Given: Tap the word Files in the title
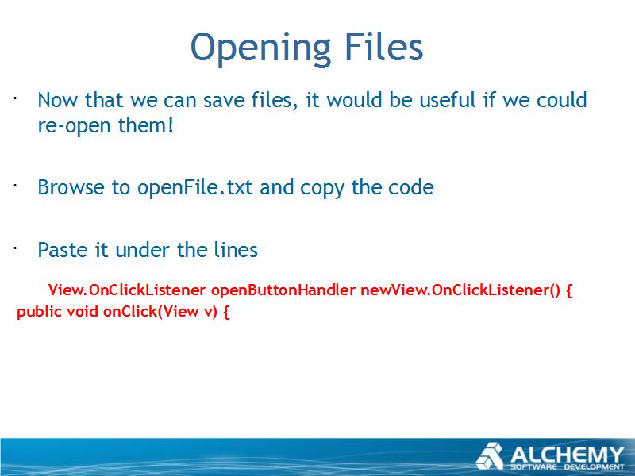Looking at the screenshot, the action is pyautogui.click(x=384, y=46).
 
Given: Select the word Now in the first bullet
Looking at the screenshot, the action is pyautogui.click(x=56, y=100).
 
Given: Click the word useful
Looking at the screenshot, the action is pyautogui.click(x=448, y=100).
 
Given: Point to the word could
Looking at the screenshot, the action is pyautogui.click(x=561, y=100).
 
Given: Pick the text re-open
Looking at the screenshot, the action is pyautogui.click(x=74, y=126).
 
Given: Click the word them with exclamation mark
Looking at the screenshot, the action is pyautogui.click(x=146, y=125).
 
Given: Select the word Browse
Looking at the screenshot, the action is pyautogui.click(x=71, y=187).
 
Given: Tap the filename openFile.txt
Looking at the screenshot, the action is pyautogui.click(x=195, y=188).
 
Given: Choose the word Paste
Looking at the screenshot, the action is pyautogui.click(x=63, y=250).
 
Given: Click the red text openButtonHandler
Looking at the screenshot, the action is pyautogui.click(x=283, y=290).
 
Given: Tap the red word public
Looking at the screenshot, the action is pyautogui.click(x=39, y=312).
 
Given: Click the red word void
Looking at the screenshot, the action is pyautogui.click(x=83, y=311).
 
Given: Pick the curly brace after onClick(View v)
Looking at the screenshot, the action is pyautogui.click(x=226, y=312).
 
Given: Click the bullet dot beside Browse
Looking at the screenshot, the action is pyautogui.click(x=14, y=186).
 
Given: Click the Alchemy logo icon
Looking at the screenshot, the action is pyautogui.click(x=490, y=455).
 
